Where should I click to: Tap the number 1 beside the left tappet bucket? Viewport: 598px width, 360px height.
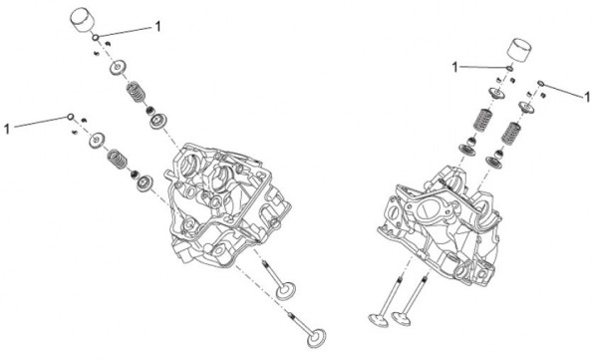157,27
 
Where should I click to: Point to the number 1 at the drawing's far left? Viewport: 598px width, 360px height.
8,128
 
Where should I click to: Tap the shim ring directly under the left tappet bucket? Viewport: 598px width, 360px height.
95,38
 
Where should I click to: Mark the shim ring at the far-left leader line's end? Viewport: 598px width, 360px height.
71,117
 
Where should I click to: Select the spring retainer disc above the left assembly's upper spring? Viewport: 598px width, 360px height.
122,68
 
